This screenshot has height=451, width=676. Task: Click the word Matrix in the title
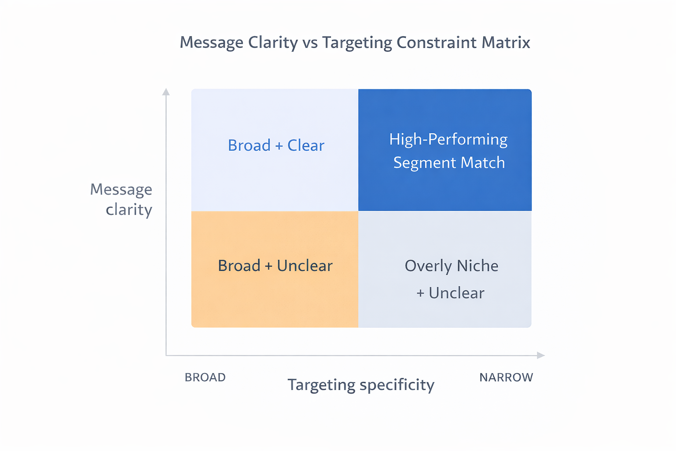tap(506, 42)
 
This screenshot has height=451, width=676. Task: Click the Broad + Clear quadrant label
tap(276, 145)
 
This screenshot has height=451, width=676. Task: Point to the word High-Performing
tap(448, 140)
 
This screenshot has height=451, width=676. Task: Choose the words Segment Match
tap(449, 163)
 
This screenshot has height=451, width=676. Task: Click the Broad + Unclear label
tap(275, 266)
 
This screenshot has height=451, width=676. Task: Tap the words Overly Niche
tap(451, 266)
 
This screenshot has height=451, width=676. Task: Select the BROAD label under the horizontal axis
tap(205, 377)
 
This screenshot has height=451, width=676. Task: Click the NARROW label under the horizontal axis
tap(506, 377)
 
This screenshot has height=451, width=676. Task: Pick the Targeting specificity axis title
tap(361, 385)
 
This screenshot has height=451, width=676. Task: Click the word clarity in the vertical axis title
tap(129, 210)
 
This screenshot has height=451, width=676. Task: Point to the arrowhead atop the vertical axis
tap(166, 92)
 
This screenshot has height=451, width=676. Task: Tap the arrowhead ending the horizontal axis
tap(541, 355)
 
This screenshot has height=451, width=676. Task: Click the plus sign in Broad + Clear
tap(279, 146)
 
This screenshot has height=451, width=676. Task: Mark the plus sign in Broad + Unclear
tap(268, 266)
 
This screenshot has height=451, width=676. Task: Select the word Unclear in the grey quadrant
tap(456, 293)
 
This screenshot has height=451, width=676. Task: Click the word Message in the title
tap(212, 43)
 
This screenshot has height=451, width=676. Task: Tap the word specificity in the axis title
tap(397, 385)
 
